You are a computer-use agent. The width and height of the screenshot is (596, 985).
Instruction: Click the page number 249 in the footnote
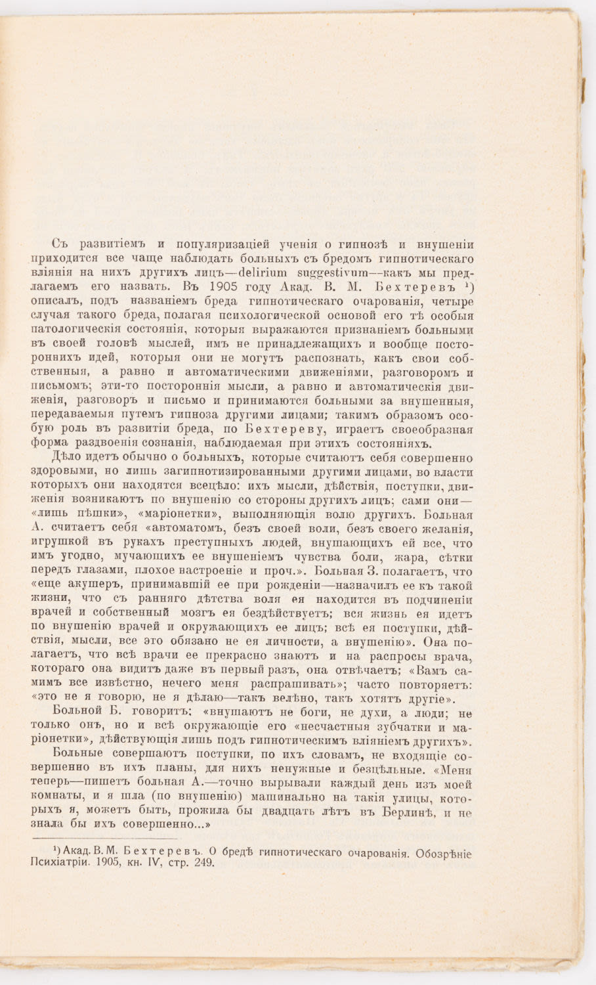click(202, 862)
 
